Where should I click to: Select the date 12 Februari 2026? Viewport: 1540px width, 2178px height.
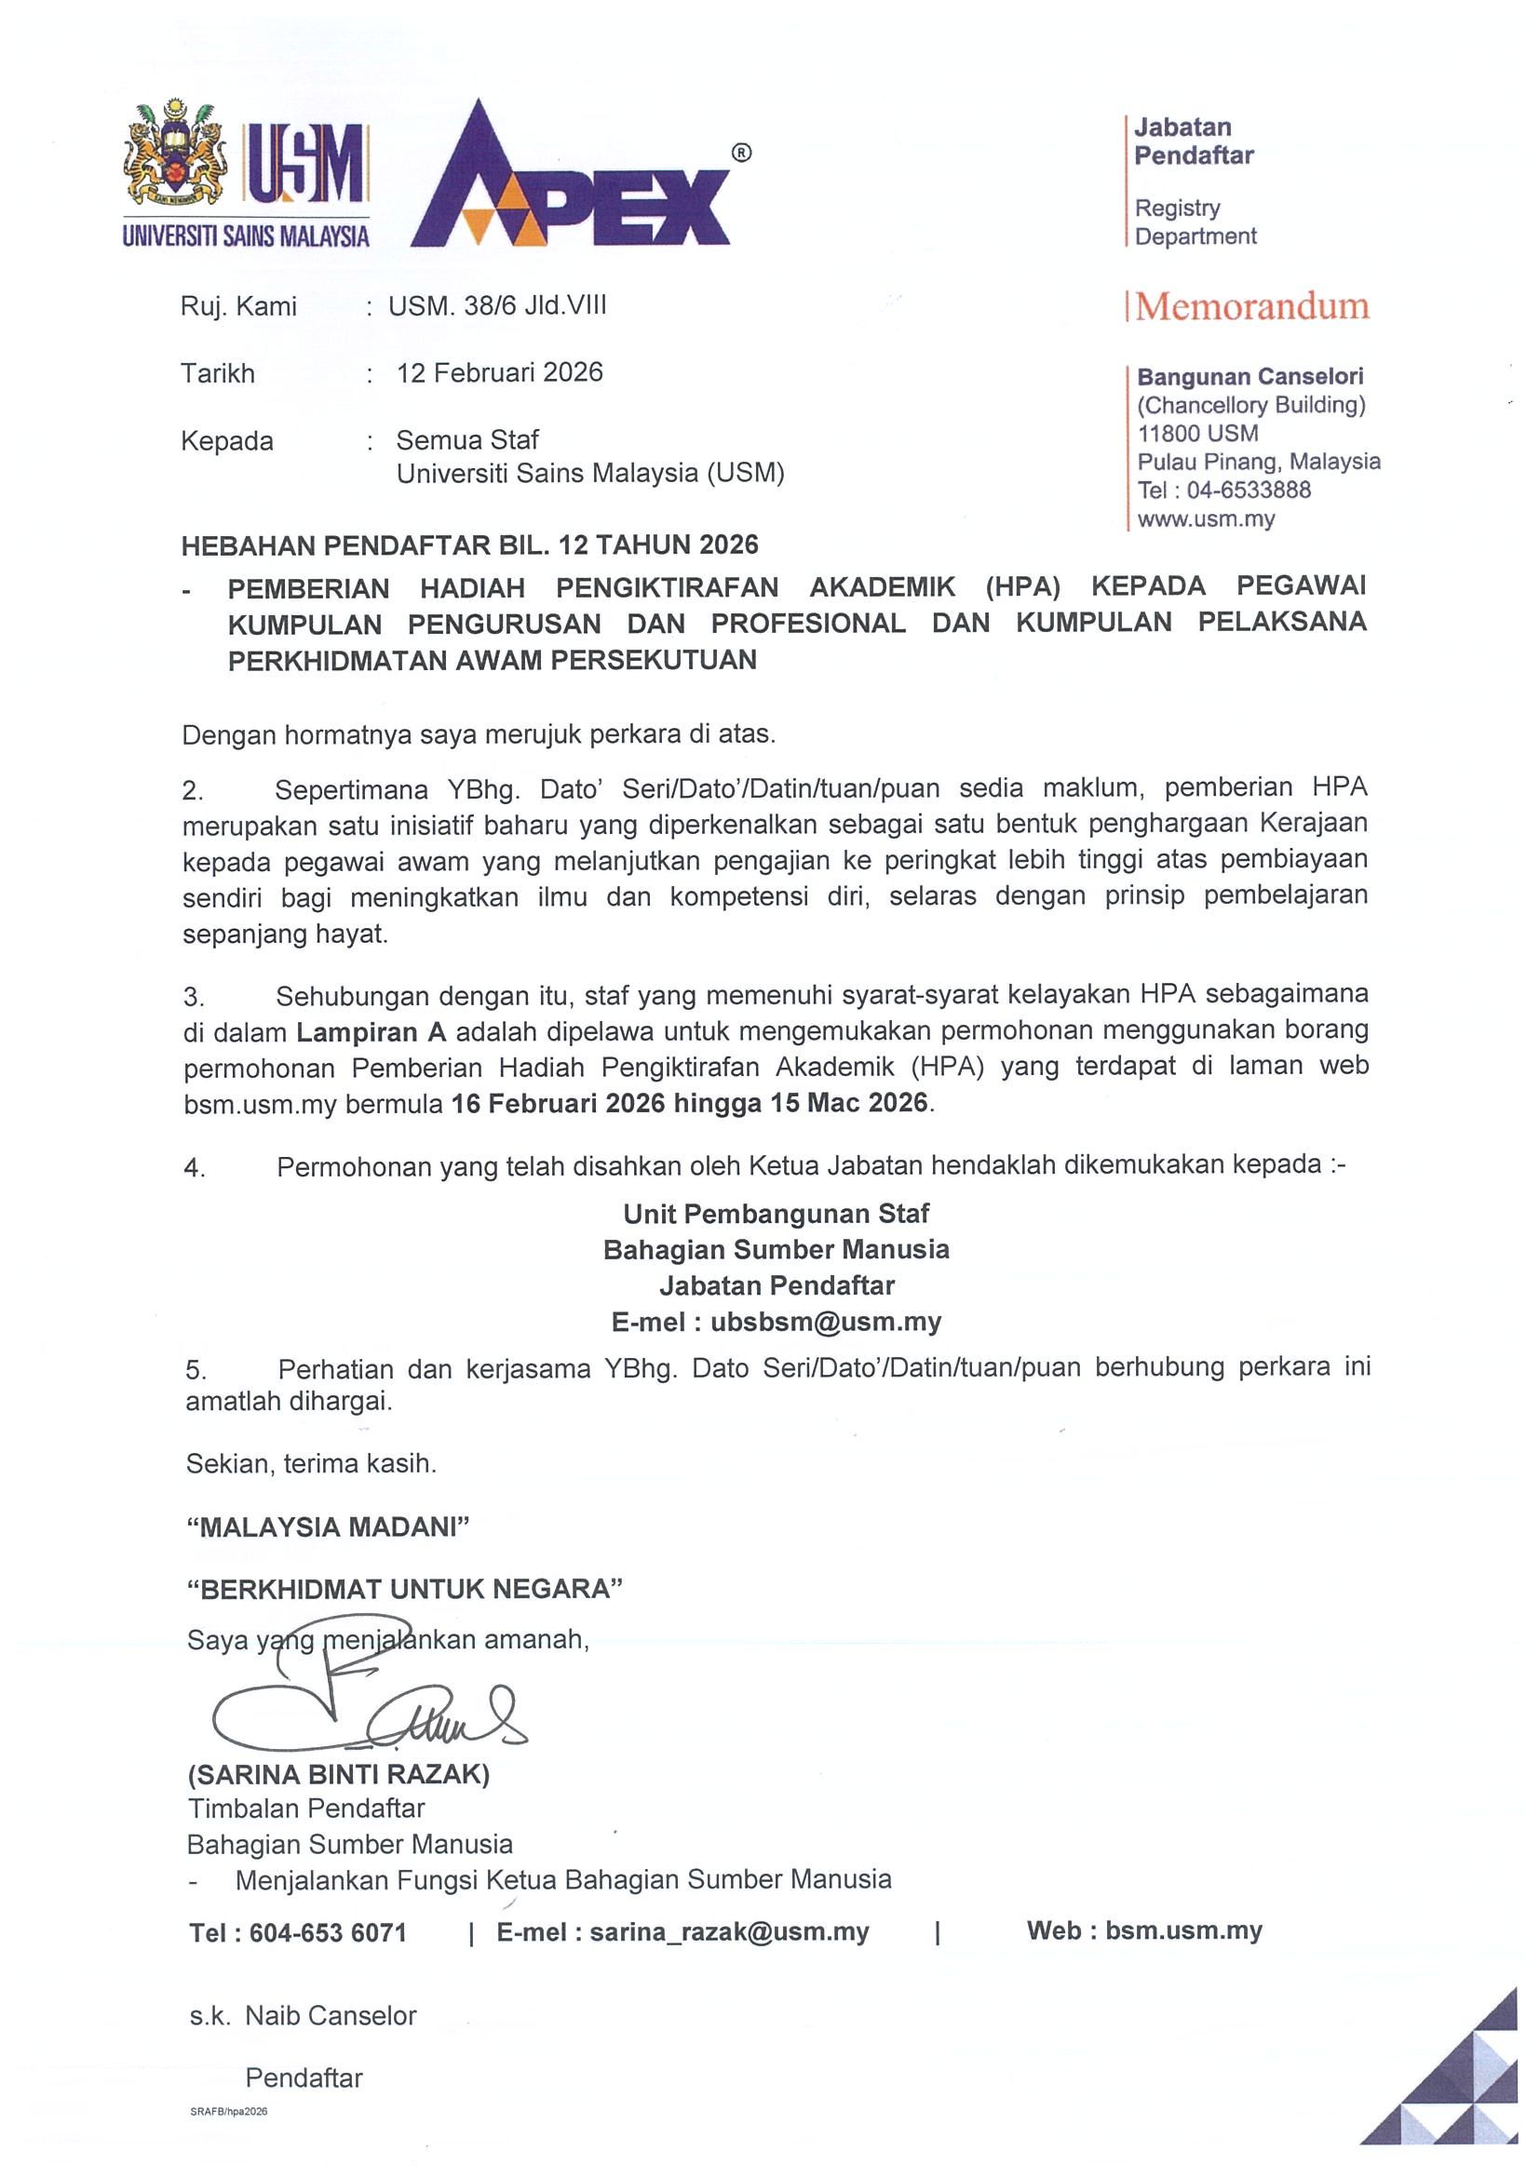click(x=499, y=372)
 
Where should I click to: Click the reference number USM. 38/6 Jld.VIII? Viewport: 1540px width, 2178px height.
click(x=497, y=305)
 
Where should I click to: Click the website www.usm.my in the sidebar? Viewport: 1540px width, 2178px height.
click(x=1206, y=518)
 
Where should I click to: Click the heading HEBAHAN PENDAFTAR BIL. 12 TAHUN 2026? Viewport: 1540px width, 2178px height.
click(x=469, y=544)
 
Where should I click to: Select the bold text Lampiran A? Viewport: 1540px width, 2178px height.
click(x=371, y=1032)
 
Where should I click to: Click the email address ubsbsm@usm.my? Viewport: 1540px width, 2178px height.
click(x=826, y=1322)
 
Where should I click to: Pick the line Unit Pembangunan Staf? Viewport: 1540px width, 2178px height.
click(x=777, y=1214)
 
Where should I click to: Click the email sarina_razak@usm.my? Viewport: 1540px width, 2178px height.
click(x=729, y=1932)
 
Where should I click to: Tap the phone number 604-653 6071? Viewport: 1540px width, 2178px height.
click(x=328, y=1933)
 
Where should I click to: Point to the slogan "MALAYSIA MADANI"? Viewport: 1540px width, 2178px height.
click(x=329, y=1526)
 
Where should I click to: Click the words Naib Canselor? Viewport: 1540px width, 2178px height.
click(x=331, y=2016)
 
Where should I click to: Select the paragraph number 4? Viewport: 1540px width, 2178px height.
click(x=194, y=1169)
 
